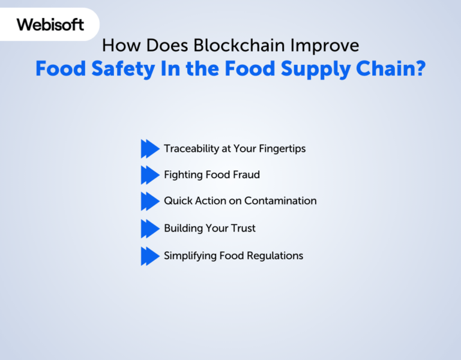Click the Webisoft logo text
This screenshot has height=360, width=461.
[x=50, y=25]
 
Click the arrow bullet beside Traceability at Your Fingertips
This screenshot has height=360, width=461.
[x=150, y=148]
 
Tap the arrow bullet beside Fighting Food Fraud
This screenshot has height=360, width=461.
[x=150, y=175]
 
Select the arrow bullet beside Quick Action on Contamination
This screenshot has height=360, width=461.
[x=150, y=202]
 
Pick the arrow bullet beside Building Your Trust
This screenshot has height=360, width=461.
[x=150, y=229]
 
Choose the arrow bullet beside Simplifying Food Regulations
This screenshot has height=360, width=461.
[x=150, y=256]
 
